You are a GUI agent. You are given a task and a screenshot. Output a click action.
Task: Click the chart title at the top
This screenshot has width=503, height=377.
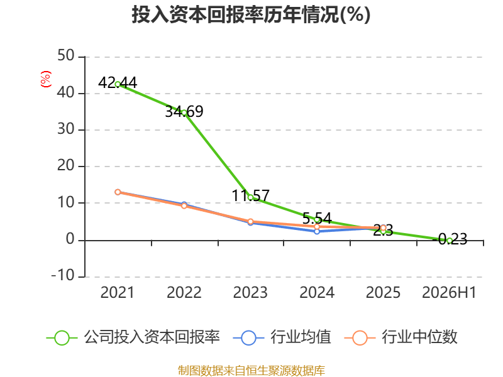(251, 14)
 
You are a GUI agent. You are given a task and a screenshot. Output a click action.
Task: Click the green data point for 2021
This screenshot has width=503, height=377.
(118, 84)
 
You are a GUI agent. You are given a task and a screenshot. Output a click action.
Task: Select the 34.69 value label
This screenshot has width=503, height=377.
(184, 112)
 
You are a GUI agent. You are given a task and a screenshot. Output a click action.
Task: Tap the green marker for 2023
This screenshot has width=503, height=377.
(250, 197)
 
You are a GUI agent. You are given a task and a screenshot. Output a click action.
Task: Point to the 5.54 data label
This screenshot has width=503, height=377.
(317, 218)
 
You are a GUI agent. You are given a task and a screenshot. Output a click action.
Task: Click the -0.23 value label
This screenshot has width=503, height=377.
(452, 239)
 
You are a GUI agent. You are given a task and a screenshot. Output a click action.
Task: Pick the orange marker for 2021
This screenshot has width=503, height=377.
(118, 192)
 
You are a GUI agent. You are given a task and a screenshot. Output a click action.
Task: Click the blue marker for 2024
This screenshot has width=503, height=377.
(317, 231)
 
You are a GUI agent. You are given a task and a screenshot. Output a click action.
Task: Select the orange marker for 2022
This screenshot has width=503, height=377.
(184, 206)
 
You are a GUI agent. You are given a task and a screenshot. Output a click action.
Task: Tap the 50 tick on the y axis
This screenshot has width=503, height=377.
(66, 55)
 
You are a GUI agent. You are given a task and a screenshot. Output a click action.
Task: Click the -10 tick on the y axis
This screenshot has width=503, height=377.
(63, 275)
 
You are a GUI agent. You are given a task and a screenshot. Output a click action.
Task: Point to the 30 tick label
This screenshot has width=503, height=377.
(66, 129)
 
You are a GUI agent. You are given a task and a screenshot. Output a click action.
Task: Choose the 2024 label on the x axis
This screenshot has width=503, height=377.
(317, 292)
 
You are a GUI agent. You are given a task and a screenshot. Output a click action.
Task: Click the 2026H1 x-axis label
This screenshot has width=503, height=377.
(449, 292)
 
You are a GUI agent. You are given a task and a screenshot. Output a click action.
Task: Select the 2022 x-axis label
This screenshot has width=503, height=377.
(184, 292)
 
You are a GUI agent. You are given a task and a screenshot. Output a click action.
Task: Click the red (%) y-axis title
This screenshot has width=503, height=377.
(45, 79)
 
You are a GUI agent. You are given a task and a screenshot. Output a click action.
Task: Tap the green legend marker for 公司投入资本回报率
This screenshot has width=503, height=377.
(62, 338)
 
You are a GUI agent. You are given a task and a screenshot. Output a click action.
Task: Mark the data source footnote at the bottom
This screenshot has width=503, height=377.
(251, 371)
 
